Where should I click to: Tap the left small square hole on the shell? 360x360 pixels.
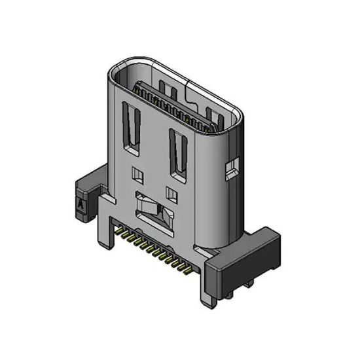pos(137,174)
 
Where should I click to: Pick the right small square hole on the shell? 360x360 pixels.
pos(171,192)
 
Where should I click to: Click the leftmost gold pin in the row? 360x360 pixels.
pos(119,230)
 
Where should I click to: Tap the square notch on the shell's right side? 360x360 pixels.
pos(230,171)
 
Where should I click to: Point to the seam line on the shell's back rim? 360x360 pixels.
pos(189,81)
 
